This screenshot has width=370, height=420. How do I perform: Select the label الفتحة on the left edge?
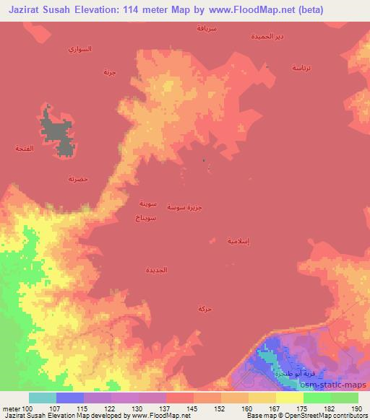(25, 148)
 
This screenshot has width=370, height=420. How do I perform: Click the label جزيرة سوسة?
(184, 207)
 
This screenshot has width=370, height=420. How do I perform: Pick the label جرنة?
(109, 72)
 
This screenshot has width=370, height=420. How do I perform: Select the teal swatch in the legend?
(43, 398)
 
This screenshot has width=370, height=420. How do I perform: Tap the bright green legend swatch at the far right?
(344, 398)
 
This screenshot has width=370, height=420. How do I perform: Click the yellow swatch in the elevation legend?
(289, 398)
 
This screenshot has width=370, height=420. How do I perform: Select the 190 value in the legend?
(356, 408)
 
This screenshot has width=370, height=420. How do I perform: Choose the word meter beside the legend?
(10, 408)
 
